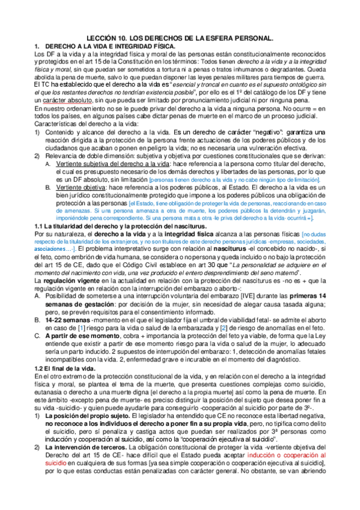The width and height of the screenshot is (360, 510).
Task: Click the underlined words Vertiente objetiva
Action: (73, 188)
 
